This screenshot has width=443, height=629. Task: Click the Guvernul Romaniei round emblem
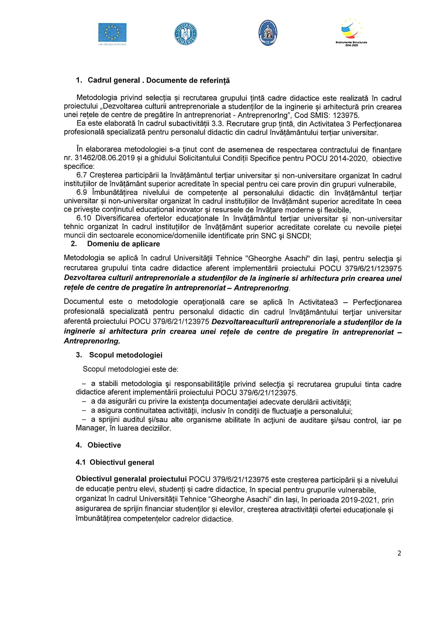coord(186,34)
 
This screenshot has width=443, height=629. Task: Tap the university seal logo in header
coord(268,33)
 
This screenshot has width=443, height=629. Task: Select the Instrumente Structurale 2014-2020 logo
coord(351,32)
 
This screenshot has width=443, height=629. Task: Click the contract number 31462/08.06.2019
coord(104,158)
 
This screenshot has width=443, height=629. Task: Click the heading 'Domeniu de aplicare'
coord(123,244)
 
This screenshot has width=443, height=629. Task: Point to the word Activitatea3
coord(318,302)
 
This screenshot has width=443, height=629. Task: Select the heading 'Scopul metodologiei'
coord(125,355)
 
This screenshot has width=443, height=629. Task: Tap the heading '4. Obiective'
coord(98,445)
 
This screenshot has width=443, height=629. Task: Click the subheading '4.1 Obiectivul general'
coord(115,463)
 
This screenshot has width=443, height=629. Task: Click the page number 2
coord(399,553)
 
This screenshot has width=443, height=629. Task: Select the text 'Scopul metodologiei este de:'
coord(130,369)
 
